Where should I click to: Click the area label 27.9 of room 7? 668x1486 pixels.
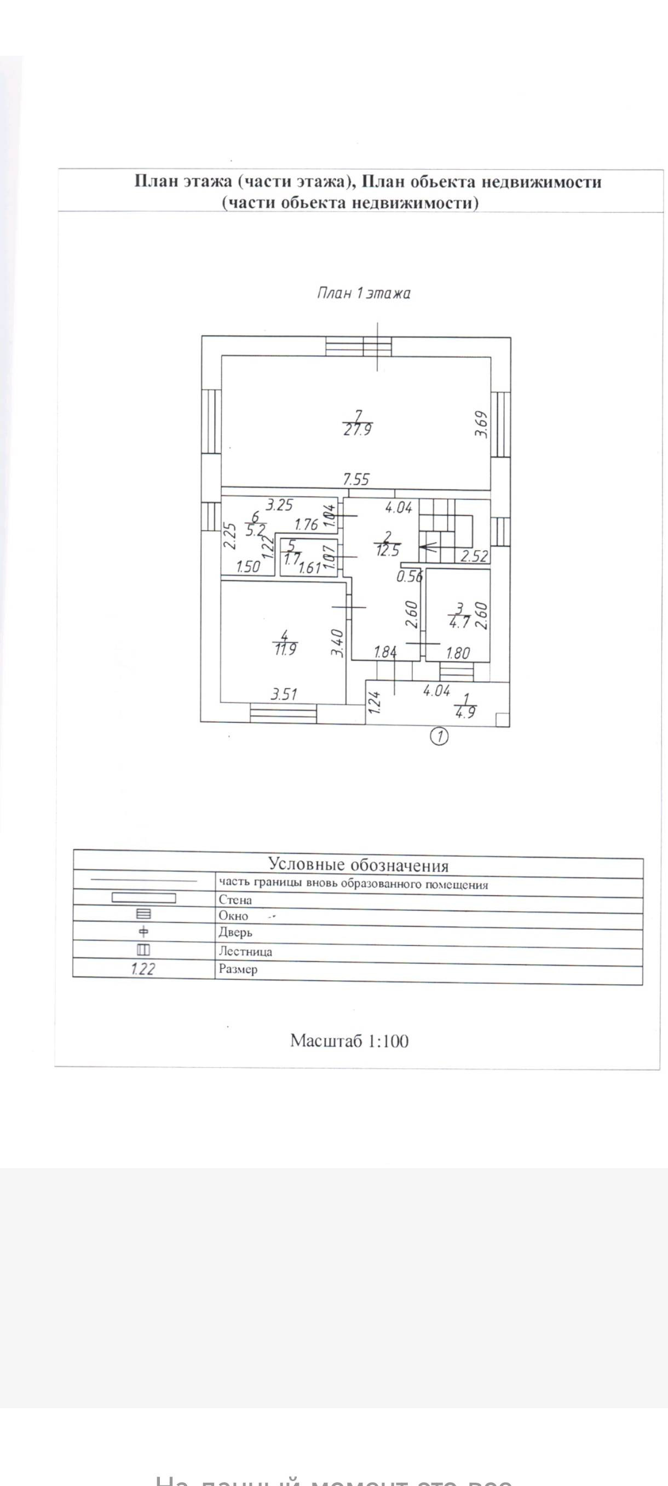[358, 430]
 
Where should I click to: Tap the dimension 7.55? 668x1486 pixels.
[356, 479]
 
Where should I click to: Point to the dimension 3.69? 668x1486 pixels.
[482, 424]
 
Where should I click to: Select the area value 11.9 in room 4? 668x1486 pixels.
[286, 649]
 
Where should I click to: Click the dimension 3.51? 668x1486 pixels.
[284, 694]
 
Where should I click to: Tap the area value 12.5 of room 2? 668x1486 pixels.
[387, 550]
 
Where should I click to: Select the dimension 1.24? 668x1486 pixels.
[374, 702]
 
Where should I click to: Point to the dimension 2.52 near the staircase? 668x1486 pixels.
[474, 556]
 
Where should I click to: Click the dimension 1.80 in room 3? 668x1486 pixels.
[458, 653]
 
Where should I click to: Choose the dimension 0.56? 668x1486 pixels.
[409, 576]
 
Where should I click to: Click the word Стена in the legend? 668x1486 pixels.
[235, 900]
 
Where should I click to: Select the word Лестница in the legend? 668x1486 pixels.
[245, 951]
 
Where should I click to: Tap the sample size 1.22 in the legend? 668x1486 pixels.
[143, 969]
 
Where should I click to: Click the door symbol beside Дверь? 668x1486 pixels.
[144, 931]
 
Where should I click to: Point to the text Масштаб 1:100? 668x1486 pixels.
[349, 1041]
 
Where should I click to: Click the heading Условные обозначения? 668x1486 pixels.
[358, 865]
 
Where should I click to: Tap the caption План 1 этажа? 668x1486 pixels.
[364, 294]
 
